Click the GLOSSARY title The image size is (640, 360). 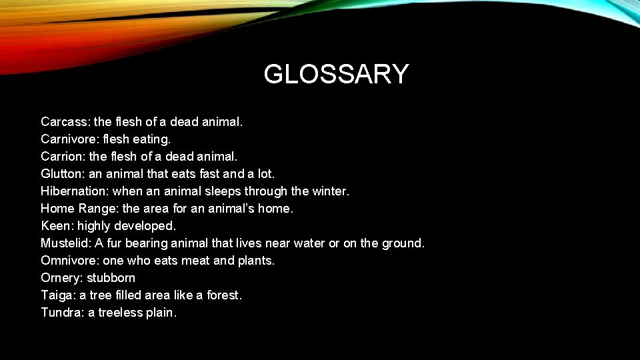336,74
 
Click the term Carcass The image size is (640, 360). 65,122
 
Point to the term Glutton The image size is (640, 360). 61,174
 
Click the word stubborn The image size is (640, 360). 111,278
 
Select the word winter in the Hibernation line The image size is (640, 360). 329,191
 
